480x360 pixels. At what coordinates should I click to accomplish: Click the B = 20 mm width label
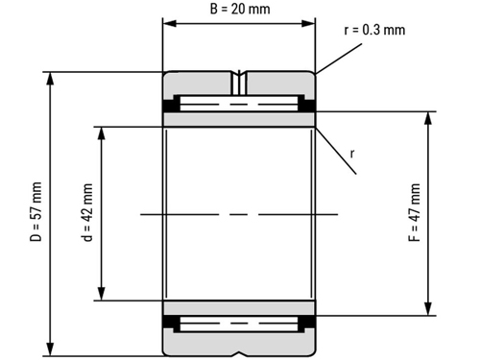click(x=240, y=9)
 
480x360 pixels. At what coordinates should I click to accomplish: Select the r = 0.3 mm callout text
click(x=374, y=30)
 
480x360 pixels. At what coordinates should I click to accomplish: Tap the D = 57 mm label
click(x=36, y=211)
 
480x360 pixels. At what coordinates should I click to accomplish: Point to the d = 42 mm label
click(x=87, y=212)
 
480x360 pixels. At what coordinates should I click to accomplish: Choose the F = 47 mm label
click(x=415, y=212)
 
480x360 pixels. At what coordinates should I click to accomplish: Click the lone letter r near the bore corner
click(x=352, y=154)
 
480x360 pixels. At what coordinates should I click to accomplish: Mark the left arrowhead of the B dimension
click(x=170, y=23)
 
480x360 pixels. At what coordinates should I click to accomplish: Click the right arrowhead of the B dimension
click(x=308, y=23)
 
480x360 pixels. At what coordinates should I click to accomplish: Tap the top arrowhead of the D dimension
click(x=50, y=79)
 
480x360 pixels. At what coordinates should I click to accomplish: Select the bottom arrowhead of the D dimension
click(x=50, y=348)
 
